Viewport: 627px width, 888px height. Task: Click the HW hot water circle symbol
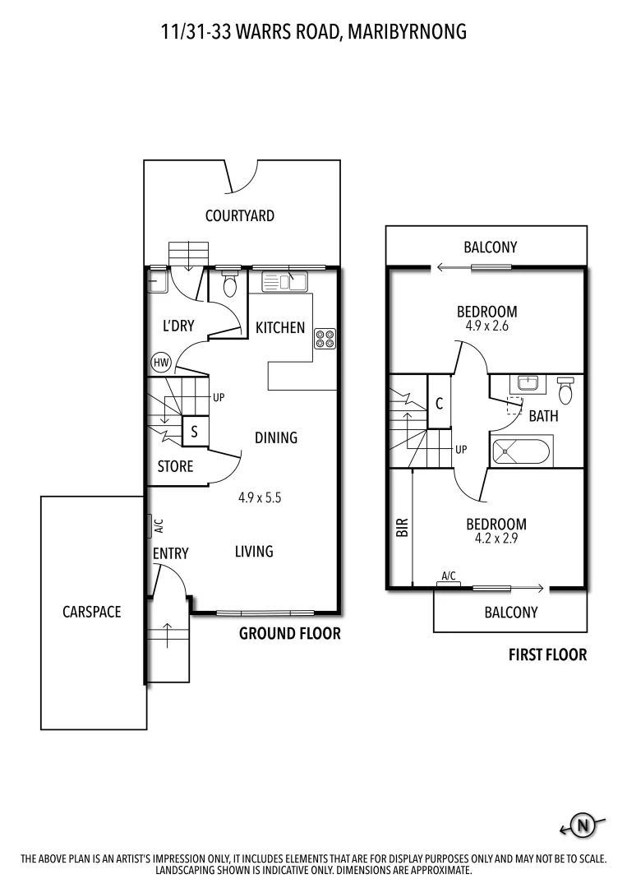[x=160, y=362]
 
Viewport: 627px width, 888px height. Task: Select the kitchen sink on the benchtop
[x=284, y=282]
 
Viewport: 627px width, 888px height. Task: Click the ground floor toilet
[x=229, y=284]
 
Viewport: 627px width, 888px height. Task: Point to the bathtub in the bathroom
[x=521, y=451]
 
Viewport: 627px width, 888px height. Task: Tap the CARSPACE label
[x=92, y=612]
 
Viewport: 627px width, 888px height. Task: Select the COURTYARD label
[x=240, y=216]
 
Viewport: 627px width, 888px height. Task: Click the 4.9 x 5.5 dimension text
[x=260, y=497]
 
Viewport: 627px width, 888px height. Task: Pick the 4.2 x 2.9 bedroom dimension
[x=496, y=539]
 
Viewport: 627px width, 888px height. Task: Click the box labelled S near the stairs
[x=194, y=430]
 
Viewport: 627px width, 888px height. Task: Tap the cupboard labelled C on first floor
[x=440, y=403]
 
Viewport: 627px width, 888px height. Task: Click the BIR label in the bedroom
[x=403, y=526]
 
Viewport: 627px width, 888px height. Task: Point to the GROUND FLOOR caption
[x=289, y=634]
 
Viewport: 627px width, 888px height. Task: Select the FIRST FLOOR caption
[x=547, y=655]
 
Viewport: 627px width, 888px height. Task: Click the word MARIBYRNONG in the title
[x=408, y=32]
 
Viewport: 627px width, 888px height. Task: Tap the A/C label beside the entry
[x=159, y=525]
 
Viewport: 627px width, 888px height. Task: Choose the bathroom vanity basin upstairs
[x=528, y=384]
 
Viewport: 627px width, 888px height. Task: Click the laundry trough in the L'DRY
[x=156, y=282]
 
